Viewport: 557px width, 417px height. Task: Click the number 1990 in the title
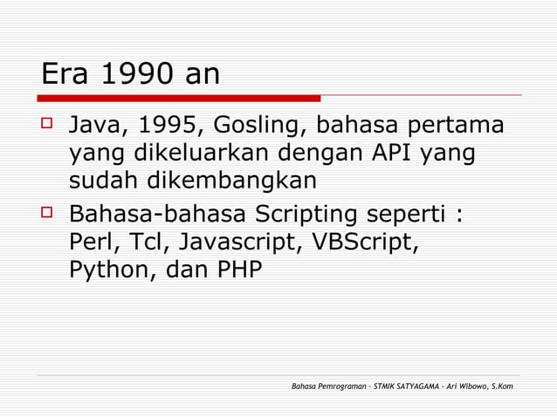click(x=131, y=74)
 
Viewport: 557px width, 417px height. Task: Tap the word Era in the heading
click(x=66, y=74)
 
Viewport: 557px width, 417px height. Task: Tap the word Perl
click(x=90, y=242)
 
